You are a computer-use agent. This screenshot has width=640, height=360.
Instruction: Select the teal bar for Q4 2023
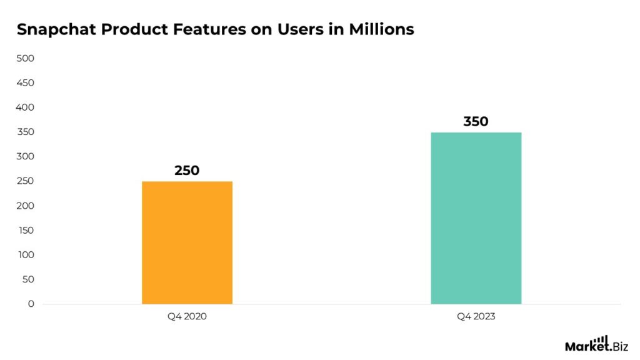tap(476, 218)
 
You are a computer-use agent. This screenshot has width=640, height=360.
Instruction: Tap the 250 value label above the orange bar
tap(187, 170)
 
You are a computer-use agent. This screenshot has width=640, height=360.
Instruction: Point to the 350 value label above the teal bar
tap(476, 121)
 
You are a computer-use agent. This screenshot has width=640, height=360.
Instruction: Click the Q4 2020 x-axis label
tap(187, 317)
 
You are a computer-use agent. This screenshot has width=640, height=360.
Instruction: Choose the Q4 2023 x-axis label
tap(476, 317)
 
